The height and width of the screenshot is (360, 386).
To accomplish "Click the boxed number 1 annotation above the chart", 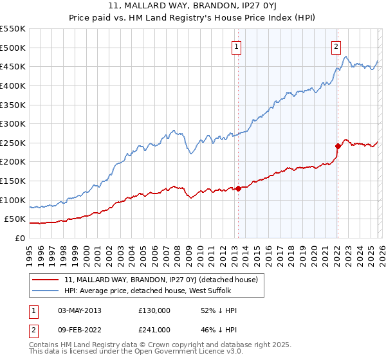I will (x=237, y=46).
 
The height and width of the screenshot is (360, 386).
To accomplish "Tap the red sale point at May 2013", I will (x=238, y=188).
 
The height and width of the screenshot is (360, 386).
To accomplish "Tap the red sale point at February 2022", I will (x=338, y=146).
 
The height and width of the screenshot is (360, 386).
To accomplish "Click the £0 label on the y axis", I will (x=19, y=238).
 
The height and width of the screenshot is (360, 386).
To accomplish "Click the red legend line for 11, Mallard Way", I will (x=46, y=280).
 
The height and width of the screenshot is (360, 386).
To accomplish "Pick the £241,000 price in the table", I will (x=154, y=330).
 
